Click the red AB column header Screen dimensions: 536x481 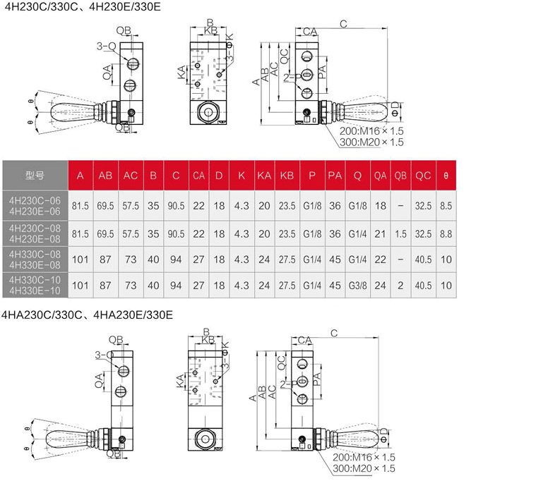[105, 176]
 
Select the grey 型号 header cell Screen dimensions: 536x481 [35, 176]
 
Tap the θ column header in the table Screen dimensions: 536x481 [446, 176]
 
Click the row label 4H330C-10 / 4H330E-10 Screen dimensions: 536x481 [35, 286]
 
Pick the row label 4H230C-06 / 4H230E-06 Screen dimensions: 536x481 [35, 206]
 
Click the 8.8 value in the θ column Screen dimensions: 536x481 [446, 234]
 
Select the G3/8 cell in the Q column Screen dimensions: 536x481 [357, 286]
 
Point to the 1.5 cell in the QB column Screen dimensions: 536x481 [400, 234]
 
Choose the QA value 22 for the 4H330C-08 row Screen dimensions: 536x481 [380, 260]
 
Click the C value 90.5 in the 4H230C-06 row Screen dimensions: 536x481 [176, 206]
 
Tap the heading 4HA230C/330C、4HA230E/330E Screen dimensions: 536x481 [87, 315]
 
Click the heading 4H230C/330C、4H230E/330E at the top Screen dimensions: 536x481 [83, 6]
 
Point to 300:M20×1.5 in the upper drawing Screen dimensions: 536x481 [371, 142]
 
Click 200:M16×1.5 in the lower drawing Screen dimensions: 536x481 [364, 457]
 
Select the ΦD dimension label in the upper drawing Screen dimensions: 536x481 [395, 109]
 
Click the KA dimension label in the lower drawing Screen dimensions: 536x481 [181, 381]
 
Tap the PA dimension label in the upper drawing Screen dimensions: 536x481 [322, 72]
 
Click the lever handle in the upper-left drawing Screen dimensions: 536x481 [73, 111]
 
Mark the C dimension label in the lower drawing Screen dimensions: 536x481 [334, 333]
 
